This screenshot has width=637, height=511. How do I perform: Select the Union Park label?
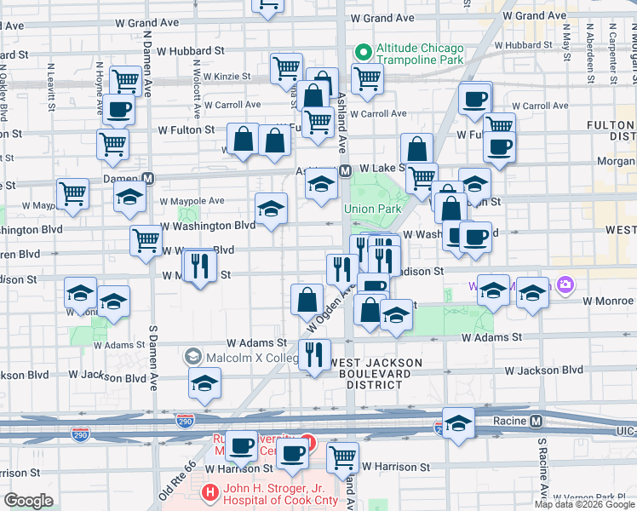coord(372,209)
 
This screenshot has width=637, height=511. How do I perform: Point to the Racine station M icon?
coord(537,421)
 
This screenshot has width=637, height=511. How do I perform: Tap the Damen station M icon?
coord(148,179)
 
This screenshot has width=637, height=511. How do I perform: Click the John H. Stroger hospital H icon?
coord(209,492)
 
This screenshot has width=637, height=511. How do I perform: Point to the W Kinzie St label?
coord(222,77)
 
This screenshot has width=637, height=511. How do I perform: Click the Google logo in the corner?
coord(28,501)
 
